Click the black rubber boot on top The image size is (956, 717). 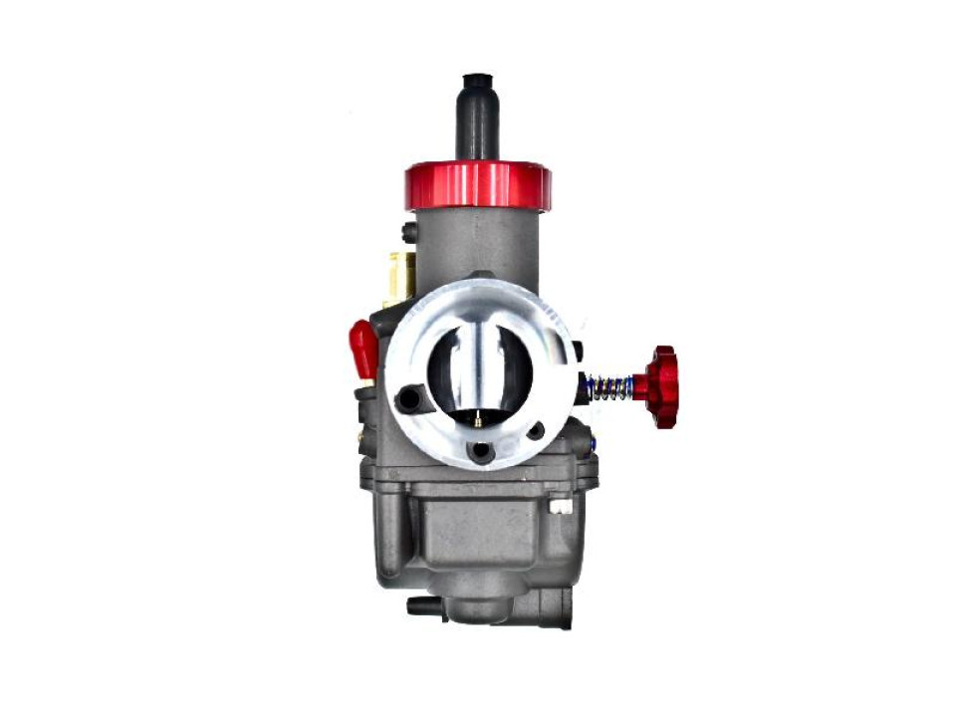tap(477, 119)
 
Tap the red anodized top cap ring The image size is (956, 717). tap(477, 186)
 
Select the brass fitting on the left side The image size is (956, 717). tap(400, 278)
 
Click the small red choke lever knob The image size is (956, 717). tap(362, 345)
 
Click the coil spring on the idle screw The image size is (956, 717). tap(606, 387)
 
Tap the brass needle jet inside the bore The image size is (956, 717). tap(478, 420)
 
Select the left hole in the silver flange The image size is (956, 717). tap(409, 399)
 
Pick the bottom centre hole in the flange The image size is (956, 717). tap(483, 451)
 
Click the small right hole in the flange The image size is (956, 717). tap(536, 431)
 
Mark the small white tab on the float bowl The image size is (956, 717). tap(562, 506)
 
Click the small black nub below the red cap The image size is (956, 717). tap(409, 232)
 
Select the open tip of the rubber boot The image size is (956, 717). tap(477, 79)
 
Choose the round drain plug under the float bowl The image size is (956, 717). tap(479, 608)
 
